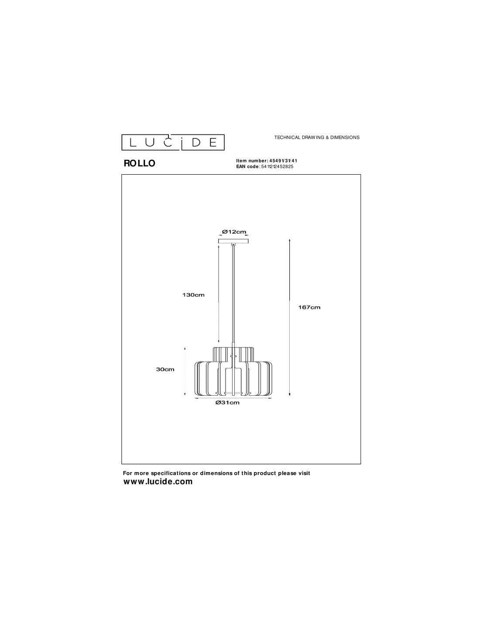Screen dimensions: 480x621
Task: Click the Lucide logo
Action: [x=173, y=142]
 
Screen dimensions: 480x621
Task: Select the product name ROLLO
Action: [x=139, y=163]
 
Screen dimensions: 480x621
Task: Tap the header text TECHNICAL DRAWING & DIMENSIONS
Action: [x=317, y=138]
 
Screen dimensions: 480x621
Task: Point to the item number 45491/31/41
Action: [x=284, y=161]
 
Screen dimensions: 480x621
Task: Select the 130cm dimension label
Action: [x=193, y=295]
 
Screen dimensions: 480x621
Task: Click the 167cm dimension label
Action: [x=309, y=307]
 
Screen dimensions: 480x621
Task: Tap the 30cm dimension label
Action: [x=165, y=369]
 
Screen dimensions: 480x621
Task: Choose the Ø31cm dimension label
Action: [x=227, y=403]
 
